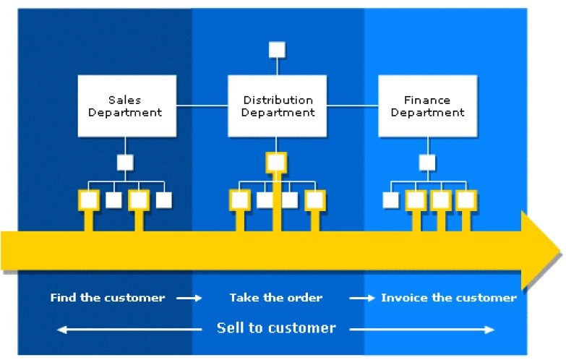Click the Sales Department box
tap(127, 106)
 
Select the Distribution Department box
tap(278, 106)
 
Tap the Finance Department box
tap(427, 106)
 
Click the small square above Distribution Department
tap(277, 50)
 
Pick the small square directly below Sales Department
tap(126, 162)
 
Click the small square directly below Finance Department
tap(427, 162)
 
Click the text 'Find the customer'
tap(108, 298)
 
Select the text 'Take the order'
tap(276, 298)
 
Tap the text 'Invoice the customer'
tap(448, 298)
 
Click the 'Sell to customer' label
tap(276, 328)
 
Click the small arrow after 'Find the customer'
tap(190, 298)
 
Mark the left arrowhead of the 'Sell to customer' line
tap(61, 330)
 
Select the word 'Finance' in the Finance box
tap(427, 100)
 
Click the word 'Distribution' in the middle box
tap(278, 100)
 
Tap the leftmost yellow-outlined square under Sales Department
tap(88, 200)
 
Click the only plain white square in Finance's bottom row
tap(390, 200)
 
